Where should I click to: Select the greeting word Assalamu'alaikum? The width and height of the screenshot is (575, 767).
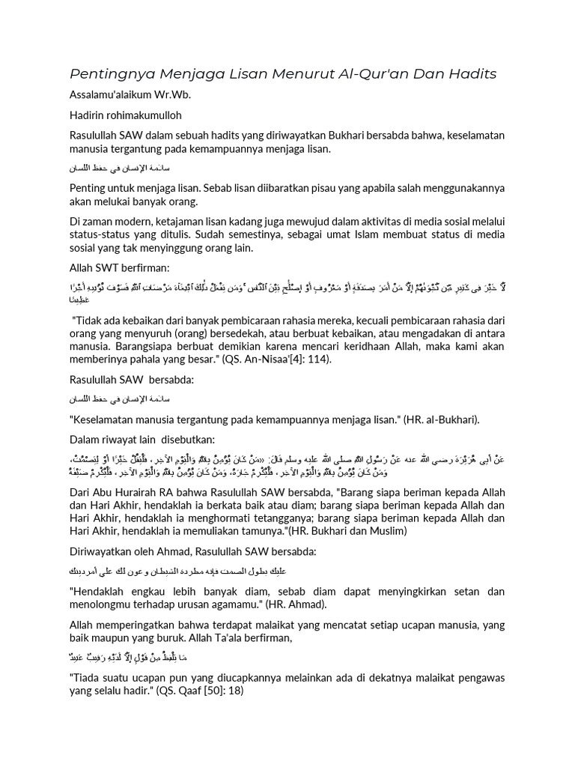(x=119, y=97)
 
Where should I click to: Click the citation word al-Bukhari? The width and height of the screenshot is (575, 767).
(x=446, y=419)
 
